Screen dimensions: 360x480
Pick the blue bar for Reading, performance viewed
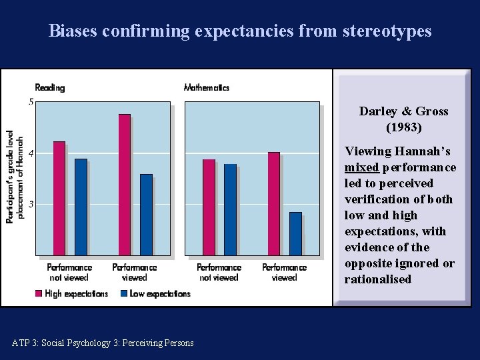coord(146,215)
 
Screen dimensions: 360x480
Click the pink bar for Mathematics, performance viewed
coord(274,203)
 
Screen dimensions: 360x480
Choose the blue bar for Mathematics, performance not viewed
coord(230,209)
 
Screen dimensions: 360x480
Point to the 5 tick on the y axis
coord(31,102)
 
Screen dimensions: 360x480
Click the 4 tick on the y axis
coord(31,153)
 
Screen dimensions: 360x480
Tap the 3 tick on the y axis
coord(31,204)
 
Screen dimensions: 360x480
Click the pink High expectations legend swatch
coord(38,293)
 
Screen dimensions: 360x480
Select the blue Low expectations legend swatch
coord(124,293)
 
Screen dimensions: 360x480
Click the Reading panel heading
coord(49,87)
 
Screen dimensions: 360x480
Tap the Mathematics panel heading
coord(206,87)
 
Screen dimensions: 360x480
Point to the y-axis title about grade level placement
coord(15,177)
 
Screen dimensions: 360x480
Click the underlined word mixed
coord(361,167)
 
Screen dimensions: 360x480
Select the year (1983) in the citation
coord(403,127)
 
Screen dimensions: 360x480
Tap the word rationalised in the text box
coord(377,279)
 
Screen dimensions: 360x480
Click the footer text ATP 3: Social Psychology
coord(103,343)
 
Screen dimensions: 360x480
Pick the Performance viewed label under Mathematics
coord(284,272)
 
